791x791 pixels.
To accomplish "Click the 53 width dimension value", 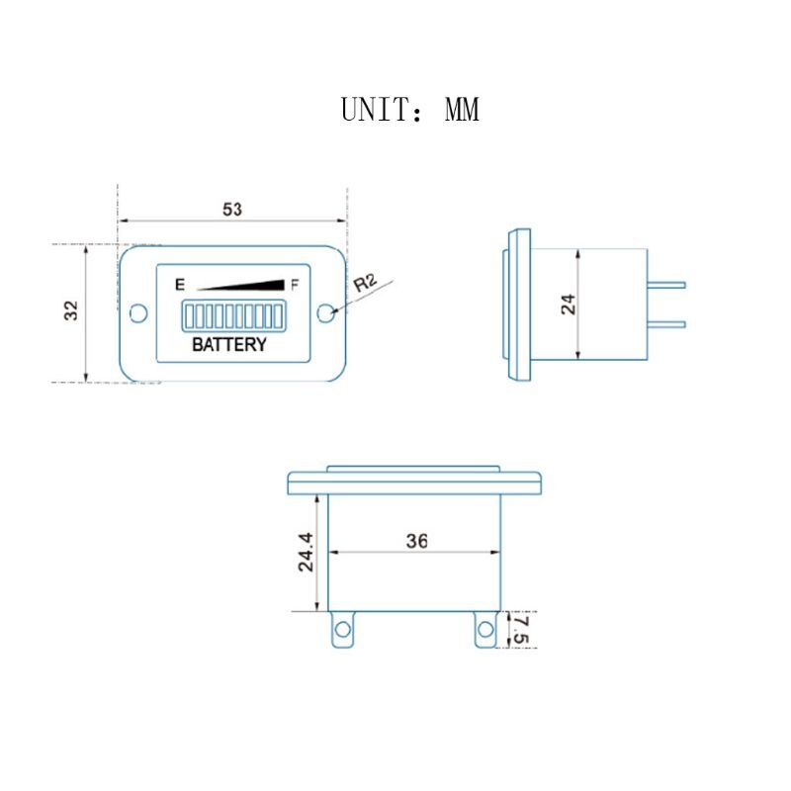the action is tap(232, 209).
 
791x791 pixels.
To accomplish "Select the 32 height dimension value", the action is tap(71, 310).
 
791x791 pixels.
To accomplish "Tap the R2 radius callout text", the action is tap(365, 283).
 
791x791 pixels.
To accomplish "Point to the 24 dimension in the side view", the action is tap(569, 305).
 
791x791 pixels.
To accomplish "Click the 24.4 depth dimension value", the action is tap(306, 552).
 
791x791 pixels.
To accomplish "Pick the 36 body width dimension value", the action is tap(417, 541).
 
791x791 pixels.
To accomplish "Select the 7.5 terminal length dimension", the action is tap(520, 629).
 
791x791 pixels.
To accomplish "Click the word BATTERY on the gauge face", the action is tap(229, 344).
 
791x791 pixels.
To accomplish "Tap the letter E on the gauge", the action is tap(180, 285).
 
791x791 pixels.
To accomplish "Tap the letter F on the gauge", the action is tap(295, 285).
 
